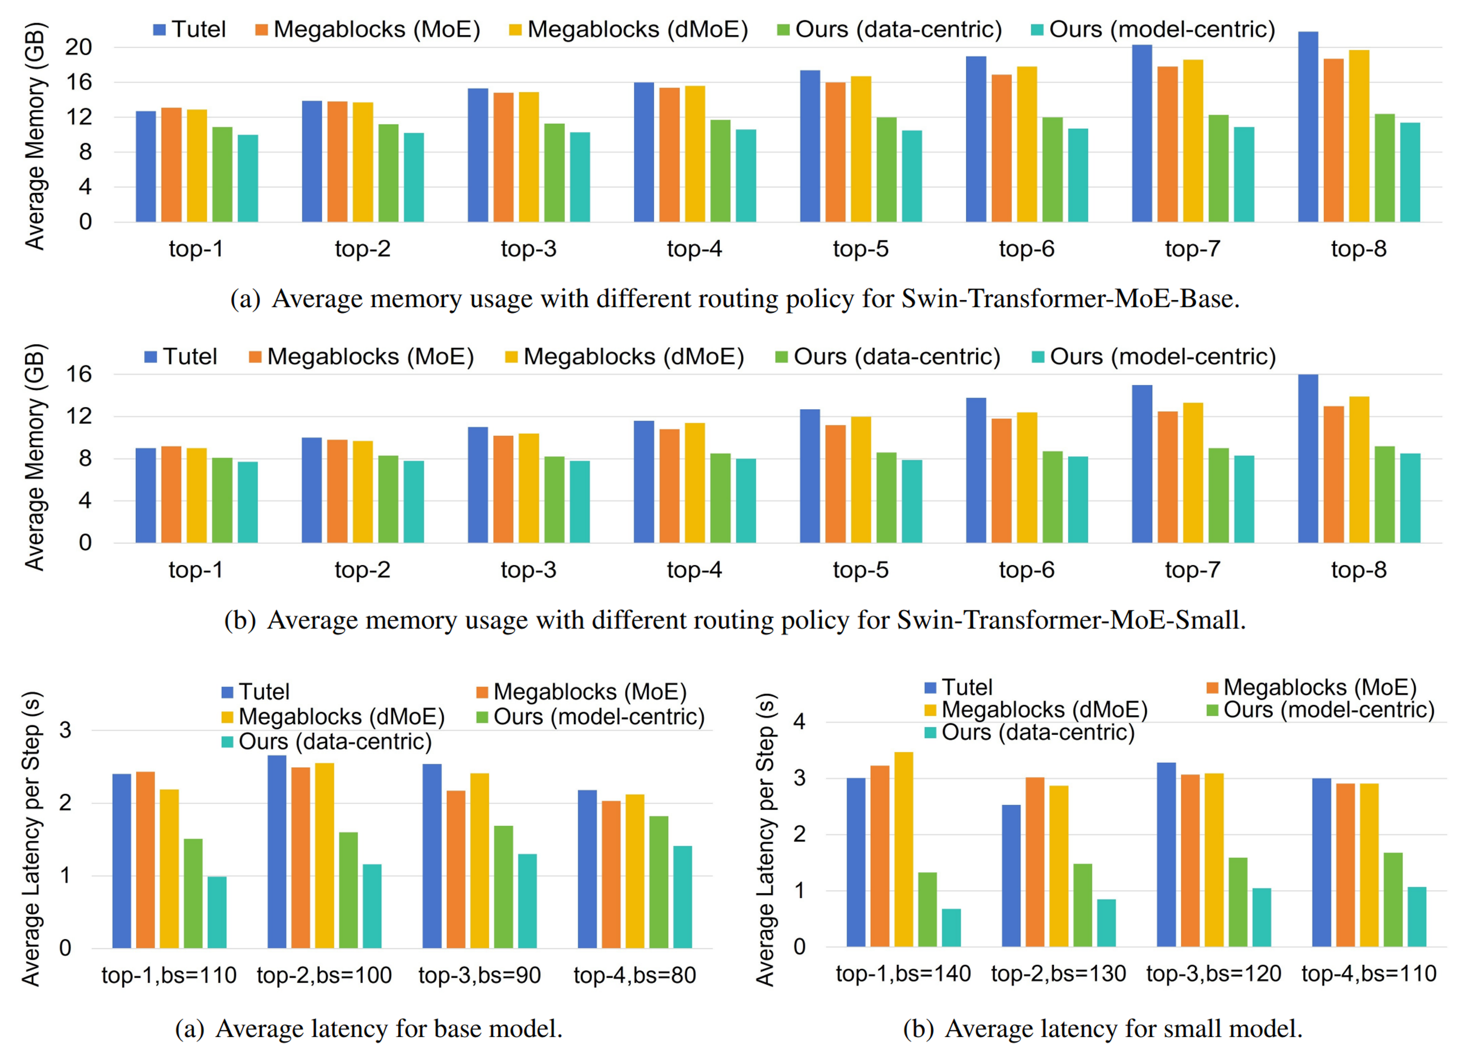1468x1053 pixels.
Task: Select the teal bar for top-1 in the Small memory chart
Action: (248, 502)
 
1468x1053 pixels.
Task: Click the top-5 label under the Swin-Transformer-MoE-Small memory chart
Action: (860, 570)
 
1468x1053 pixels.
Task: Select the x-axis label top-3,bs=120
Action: (1214, 973)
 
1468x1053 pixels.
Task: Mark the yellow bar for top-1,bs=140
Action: (904, 849)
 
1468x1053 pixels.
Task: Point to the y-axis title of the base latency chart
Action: (31, 839)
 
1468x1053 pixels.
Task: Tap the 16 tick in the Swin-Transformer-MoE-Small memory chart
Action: (78, 374)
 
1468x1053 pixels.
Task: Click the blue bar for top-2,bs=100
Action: (277, 852)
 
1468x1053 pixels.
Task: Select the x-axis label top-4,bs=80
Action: (634, 975)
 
